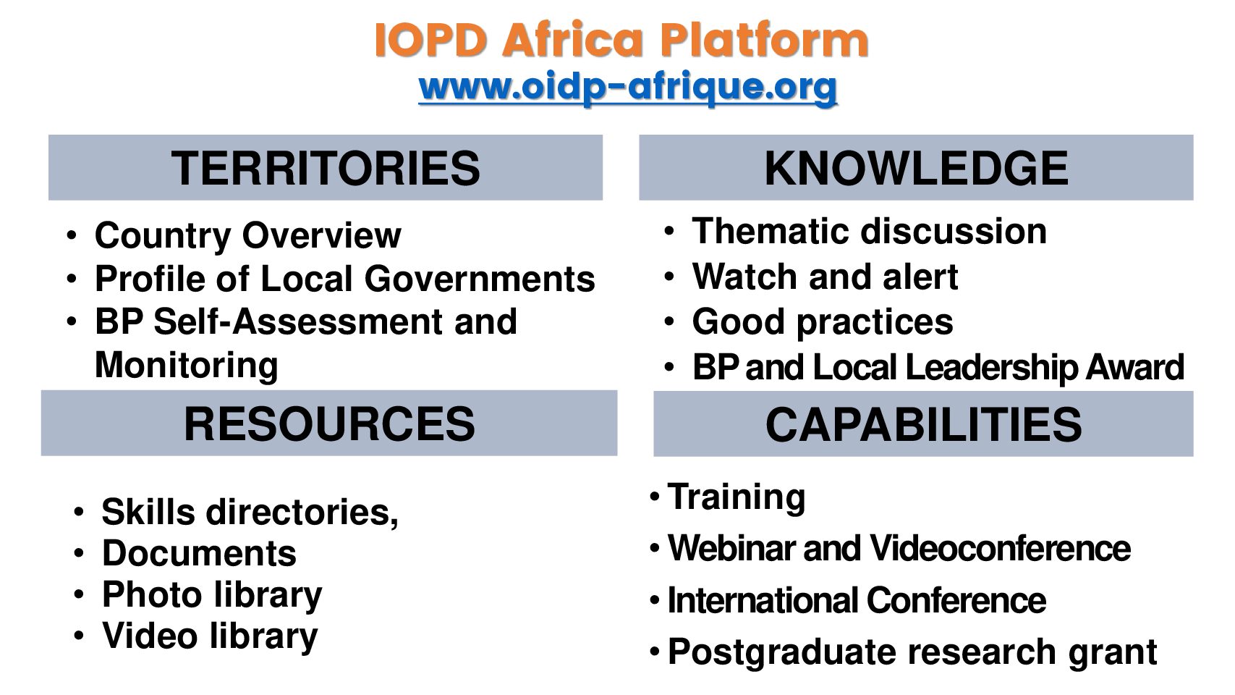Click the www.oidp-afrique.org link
(x=627, y=88)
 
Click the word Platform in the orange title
(x=764, y=40)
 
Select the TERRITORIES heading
(x=326, y=168)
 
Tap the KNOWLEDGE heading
(x=916, y=168)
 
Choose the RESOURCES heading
(x=329, y=424)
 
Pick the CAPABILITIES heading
(x=923, y=424)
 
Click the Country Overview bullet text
(x=247, y=235)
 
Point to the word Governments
(x=480, y=279)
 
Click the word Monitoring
(x=187, y=365)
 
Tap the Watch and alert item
(x=825, y=277)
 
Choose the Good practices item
(x=822, y=322)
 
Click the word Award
(x=1134, y=367)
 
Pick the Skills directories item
(x=250, y=513)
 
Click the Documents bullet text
(x=199, y=553)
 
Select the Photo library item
(x=212, y=595)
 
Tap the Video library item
(x=210, y=636)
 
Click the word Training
(x=736, y=497)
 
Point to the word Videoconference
(x=1000, y=548)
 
